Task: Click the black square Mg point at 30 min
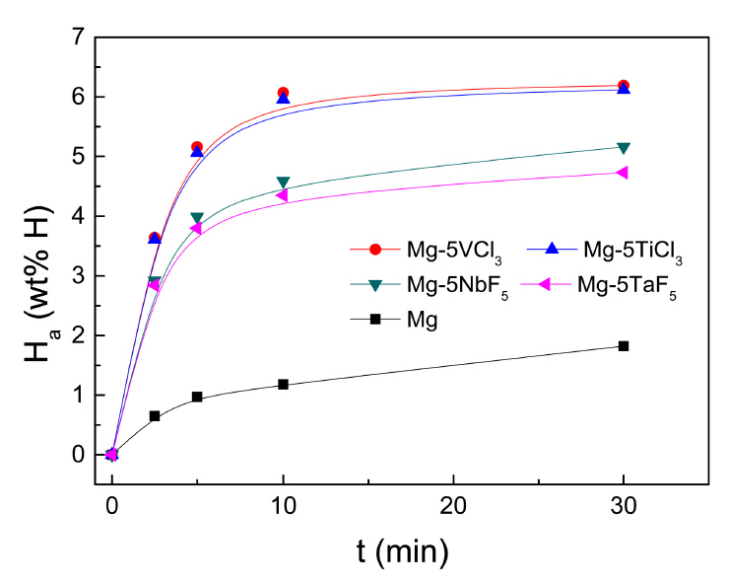click(x=623, y=345)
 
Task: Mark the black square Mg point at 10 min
click(x=283, y=384)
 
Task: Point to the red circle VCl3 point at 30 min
click(x=623, y=86)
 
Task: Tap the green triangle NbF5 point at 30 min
click(x=623, y=148)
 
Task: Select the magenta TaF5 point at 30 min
click(x=623, y=173)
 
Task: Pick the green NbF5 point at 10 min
click(x=283, y=183)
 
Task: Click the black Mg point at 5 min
click(x=197, y=397)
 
